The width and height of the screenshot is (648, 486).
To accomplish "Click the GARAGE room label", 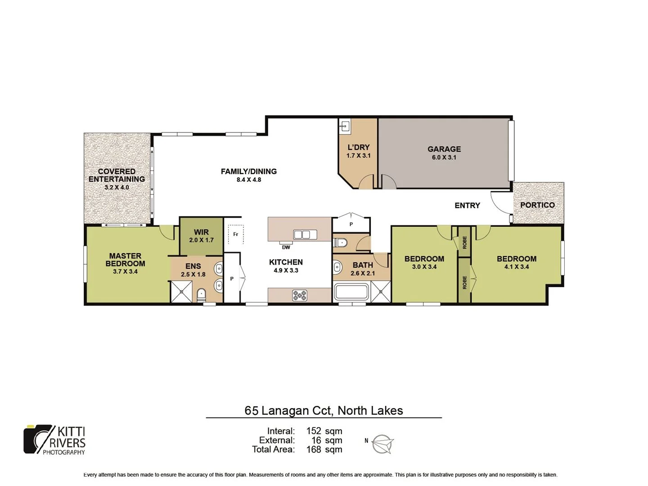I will coord(444,149).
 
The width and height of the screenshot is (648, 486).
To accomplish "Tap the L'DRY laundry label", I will coord(358,147).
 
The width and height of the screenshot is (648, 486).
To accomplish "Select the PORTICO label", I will coord(537,205).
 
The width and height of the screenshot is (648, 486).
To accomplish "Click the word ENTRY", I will coord(467,205).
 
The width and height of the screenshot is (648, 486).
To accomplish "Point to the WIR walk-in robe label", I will coord(201,232).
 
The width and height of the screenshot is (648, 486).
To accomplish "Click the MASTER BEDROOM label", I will coord(125,260).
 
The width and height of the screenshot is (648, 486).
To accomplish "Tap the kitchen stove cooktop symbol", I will coord(300,295).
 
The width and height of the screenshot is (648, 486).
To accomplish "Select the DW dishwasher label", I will coord(286,247).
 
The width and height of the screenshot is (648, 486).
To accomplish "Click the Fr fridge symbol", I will coord(235,234).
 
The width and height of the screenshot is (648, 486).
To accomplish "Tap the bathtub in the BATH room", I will coord(351,292).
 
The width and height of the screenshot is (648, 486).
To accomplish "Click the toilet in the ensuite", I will coord(201,295).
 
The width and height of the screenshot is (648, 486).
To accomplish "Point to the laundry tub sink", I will coord(345,126).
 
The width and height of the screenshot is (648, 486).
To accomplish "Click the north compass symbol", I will coord(382,444).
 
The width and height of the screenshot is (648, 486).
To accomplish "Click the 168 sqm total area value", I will coord(324,449).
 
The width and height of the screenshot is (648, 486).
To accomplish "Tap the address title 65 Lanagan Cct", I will coord(324,410).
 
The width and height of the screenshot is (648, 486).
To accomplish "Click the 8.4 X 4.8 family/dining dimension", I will coord(249,180).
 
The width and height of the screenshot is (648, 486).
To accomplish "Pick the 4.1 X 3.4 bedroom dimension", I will coord(516,267).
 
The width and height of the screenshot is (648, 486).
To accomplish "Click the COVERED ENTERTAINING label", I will coord(117,175).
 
